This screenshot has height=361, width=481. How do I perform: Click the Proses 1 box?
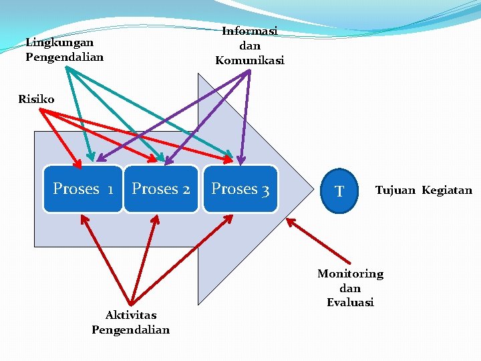tap(83, 189)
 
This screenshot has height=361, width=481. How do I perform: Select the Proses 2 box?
tap(161, 189)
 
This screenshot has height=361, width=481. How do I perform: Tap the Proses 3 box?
tap(240, 189)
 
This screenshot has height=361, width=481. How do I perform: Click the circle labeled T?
tap(340, 191)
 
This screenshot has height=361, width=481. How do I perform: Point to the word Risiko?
tap(36, 99)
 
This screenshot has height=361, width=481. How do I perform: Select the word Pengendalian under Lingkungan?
tap(65, 57)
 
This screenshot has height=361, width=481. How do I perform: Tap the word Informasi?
tap(249, 31)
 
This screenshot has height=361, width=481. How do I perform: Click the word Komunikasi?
tap(249, 60)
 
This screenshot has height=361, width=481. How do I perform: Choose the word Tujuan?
tap(395, 191)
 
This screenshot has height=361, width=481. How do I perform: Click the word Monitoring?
tap(350, 273)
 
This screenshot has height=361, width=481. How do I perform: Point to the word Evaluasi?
tap(350, 302)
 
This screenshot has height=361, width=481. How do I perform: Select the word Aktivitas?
tap(131, 315)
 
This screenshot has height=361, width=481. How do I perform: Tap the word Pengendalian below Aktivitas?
tap(131, 330)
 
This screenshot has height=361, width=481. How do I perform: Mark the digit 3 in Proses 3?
tap(265, 190)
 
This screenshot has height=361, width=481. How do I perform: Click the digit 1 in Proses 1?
tap(110, 190)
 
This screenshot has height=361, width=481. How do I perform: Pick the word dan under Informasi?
tap(249, 46)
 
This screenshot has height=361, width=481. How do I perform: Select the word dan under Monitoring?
tap(350, 288)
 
